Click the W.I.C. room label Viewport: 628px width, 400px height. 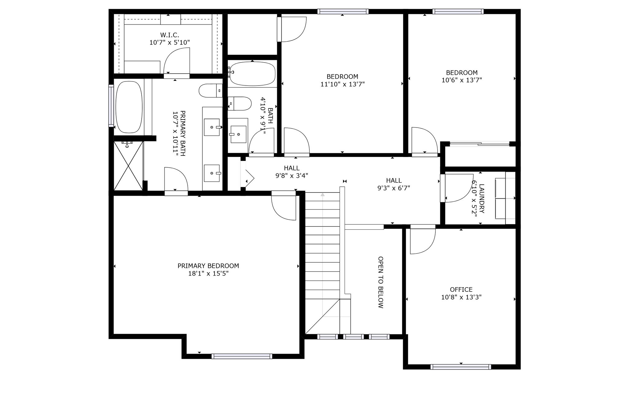click(170, 35)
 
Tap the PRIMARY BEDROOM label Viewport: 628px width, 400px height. click(208, 266)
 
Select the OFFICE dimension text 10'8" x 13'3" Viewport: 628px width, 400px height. click(461, 297)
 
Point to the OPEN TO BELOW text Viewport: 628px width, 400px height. click(381, 282)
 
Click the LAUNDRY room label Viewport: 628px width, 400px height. click(482, 199)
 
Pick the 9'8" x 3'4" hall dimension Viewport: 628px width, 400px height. click(292, 176)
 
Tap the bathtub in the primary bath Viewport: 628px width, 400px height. click(129, 103)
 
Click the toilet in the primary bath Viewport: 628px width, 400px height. click(211, 91)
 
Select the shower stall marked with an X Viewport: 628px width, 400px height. click(128, 166)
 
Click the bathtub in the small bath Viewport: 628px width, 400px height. click(252, 74)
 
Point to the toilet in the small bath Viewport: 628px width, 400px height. click(239, 104)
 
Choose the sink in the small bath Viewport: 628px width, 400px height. click(238, 134)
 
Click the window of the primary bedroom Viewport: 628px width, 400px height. click(242, 356)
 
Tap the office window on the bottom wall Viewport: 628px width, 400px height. click(461, 367)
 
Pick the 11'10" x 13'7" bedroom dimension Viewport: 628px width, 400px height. click(343, 84)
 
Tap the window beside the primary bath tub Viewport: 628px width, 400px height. click(111, 105)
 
